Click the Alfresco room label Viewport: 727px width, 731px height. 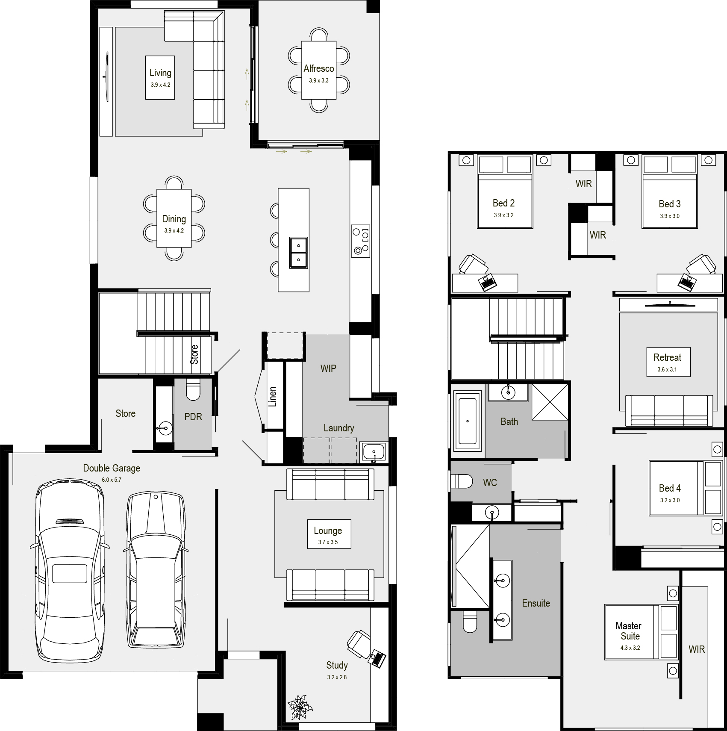point(319,68)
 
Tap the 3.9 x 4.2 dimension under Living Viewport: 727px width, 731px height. point(160,85)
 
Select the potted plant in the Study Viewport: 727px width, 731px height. point(300,707)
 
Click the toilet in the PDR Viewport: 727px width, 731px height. point(193,389)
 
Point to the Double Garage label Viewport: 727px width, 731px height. point(112,468)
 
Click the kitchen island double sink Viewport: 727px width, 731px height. point(298,253)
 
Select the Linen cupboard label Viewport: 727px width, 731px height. point(273,397)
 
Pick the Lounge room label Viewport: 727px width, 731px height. point(328,531)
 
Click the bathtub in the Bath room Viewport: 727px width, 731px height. point(468,422)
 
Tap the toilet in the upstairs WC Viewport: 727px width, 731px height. point(462,481)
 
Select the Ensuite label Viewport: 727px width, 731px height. point(536,603)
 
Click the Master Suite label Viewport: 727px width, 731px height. point(629,631)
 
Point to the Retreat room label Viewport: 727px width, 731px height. point(667,357)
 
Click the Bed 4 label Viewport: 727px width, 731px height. point(670,488)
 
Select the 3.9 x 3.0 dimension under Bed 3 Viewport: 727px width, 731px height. point(669,216)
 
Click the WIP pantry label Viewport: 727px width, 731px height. point(328,368)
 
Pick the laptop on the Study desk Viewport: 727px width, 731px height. point(378,658)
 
